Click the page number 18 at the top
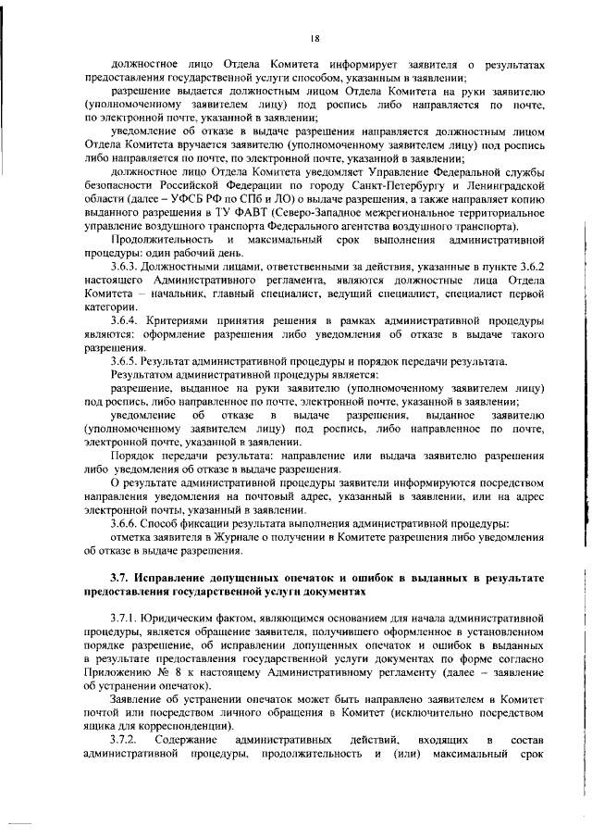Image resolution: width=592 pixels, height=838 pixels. pyautogui.click(x=314, y=38)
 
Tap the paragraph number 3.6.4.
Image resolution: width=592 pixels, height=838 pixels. pyautogui.click(x=126, y=320)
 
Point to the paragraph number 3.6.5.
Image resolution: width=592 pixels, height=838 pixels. pyautogui.click(x=126, y=360)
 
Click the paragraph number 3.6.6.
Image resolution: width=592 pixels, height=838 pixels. pyautogui.click(x=126, y=523)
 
